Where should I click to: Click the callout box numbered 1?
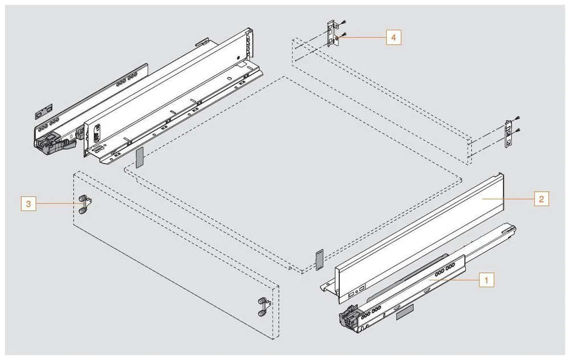(485, 280)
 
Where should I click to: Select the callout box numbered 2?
(541, 199)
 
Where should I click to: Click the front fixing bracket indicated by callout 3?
(84, 204)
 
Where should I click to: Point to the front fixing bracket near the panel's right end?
(263, 306)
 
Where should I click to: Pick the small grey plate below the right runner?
(403, 310)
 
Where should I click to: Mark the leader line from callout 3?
(57, 203)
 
